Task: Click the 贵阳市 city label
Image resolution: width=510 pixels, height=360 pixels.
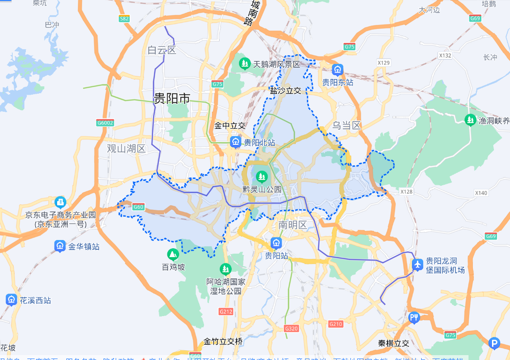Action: tap(172, 99)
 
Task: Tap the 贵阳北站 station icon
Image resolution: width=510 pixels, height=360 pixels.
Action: tap(236, 142)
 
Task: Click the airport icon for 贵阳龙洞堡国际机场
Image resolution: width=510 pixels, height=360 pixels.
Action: tap(418, 264)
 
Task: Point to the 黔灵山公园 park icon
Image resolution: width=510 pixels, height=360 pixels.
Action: tap(262, 176)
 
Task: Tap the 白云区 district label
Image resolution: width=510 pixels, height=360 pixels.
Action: tap(162, 50)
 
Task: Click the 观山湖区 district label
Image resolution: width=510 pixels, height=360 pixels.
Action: tap(126, 148)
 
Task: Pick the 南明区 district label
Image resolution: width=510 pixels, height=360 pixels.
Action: tap(292, 225)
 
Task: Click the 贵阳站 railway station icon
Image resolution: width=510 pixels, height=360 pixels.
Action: tap(277, 242)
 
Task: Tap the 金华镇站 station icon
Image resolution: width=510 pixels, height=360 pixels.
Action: tap(60, 246)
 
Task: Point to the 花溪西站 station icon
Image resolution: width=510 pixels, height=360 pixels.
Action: tap(11, 300)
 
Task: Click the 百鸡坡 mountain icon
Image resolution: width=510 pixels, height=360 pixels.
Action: tap(173, 254)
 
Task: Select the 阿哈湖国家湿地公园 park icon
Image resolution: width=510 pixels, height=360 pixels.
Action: tap(225, 269)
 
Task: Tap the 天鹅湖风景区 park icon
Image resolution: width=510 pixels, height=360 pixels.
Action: tap(245, 63)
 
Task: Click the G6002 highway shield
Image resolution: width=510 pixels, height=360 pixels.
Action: tap(104, 123)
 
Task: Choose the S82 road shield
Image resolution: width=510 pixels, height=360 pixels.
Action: tap(124, 19)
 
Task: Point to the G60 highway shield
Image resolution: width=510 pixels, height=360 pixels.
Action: tap(139, 207)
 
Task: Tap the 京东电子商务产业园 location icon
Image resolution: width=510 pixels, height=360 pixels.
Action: tap(60, 202)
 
